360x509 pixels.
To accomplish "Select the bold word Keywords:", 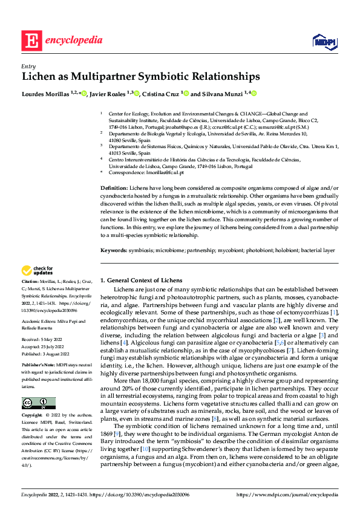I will tap(114, 250).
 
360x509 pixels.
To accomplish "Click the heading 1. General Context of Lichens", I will tap(140, 280).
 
